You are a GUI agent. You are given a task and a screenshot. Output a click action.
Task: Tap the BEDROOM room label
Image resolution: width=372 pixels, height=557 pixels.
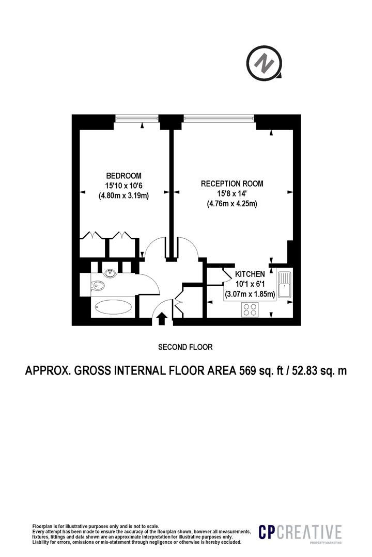123,175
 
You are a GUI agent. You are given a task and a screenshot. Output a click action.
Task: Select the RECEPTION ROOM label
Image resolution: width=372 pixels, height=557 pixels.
232,183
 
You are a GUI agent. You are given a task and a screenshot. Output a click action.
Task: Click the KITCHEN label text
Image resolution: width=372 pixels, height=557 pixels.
250,274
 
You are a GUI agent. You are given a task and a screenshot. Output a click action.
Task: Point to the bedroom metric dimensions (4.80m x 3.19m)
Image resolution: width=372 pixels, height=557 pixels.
123,195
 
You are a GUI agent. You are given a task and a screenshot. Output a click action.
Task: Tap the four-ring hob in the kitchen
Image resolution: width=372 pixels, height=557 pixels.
250,309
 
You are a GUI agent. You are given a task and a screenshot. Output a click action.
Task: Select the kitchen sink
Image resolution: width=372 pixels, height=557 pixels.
284,285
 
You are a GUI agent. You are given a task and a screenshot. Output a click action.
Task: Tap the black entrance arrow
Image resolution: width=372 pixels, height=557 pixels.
161,319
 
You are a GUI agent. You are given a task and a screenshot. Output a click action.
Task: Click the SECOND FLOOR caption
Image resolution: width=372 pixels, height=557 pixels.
185,347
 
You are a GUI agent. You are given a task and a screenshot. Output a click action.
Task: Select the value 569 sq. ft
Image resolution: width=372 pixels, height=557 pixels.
258,371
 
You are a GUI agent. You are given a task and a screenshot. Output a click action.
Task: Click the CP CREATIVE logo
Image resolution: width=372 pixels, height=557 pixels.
300,533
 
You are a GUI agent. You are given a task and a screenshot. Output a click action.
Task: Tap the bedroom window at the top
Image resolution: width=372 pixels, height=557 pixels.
136,119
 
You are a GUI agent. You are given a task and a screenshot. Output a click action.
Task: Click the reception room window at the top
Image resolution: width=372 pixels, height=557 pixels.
219,119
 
